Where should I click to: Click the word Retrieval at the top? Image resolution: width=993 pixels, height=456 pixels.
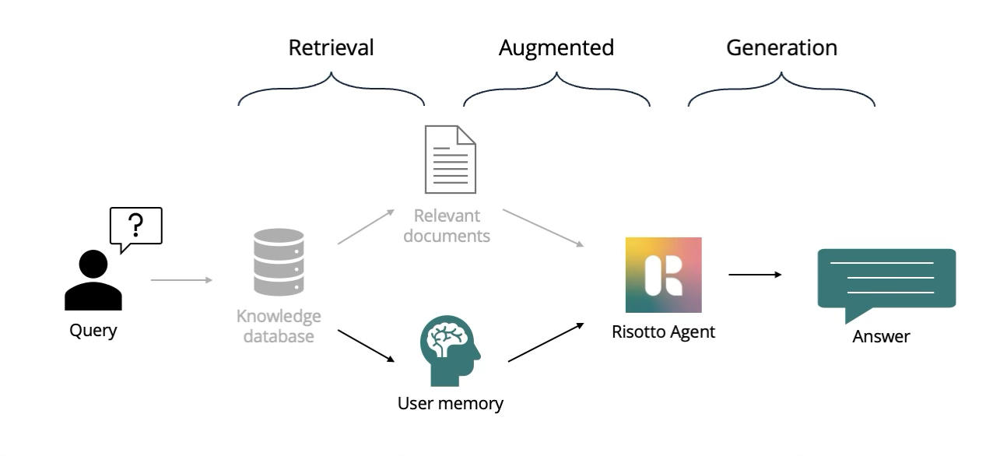(x=331, y=48)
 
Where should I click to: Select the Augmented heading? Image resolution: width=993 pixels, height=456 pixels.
(x=556, y=48)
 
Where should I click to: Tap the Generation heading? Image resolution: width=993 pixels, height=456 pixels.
(x=781, y=48)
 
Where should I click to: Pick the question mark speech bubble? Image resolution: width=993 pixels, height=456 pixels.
(x=138, y=226)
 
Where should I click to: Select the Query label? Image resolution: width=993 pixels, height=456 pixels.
(x=93, y=331)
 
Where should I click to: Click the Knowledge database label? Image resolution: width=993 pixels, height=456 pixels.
(x=279, y=326)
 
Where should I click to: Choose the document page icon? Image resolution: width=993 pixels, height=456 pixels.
(x=450, y=160)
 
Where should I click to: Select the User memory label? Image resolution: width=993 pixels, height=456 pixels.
(x=450, y=404)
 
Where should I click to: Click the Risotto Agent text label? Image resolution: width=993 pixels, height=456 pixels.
(x=663, y=333)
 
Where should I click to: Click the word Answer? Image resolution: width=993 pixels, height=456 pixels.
(x=881, y=337)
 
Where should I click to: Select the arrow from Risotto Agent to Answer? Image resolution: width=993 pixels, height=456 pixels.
(x=754, y=275)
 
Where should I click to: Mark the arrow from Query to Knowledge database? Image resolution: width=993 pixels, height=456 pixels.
(x=181, y=279)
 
